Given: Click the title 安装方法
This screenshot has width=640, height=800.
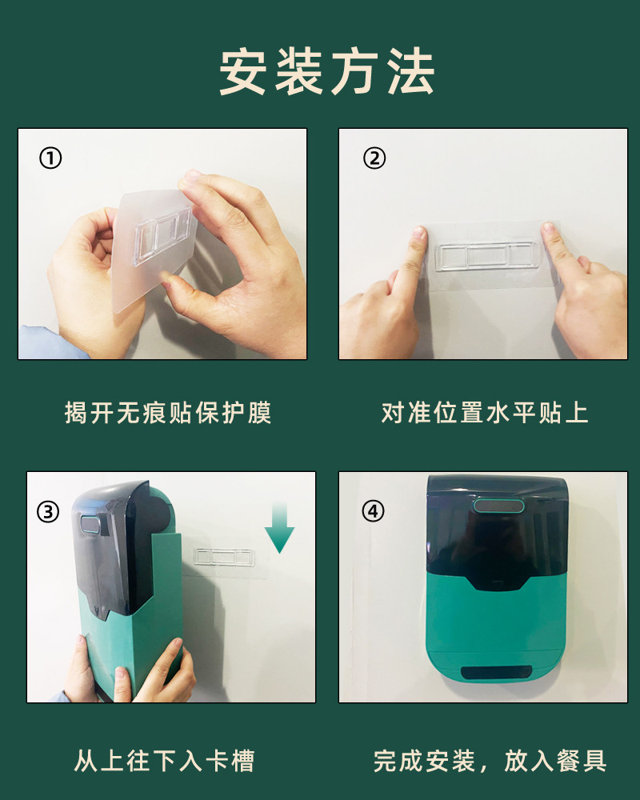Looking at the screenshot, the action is (326, 71).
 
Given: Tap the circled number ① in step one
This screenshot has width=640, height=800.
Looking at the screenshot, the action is (50, 158).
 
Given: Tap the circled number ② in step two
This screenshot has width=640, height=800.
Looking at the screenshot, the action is (374, 158).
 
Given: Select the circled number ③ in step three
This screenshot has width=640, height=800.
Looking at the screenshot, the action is (48, 511).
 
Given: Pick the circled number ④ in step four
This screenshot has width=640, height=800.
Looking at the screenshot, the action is (373, 510).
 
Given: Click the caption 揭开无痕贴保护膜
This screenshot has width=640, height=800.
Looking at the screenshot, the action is (168, 412).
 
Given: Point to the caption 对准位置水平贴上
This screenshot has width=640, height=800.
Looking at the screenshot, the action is (485, 412).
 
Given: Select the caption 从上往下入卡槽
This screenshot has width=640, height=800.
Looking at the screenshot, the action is (164, 761).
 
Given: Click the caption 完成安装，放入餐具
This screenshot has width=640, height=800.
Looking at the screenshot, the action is (490, 761).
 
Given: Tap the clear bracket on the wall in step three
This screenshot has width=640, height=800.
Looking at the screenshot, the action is (223, 557).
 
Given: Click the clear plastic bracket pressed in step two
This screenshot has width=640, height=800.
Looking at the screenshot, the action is (487, 256).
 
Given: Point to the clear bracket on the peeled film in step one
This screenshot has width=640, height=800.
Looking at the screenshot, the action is (163, 238).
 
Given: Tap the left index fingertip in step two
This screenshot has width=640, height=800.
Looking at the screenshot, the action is (419, 234).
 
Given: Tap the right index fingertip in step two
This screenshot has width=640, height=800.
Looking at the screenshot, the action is (548, 230).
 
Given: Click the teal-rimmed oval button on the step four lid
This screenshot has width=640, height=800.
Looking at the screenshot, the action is (498, 506).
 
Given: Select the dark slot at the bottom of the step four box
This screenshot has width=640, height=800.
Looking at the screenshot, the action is (496, 673).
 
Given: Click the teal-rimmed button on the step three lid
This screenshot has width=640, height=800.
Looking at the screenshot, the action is (92, 524).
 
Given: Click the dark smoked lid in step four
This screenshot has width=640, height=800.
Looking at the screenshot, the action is (498, 530).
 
